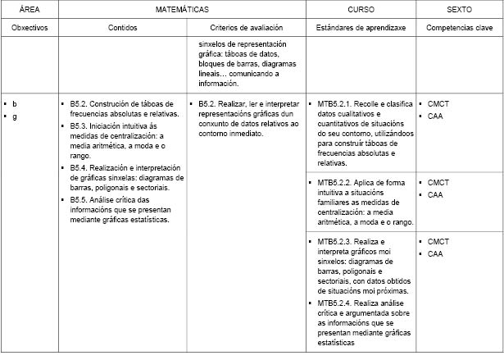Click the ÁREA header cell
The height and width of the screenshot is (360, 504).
(x=30, y=10)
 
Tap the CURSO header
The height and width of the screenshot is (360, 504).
(x=361, y=10)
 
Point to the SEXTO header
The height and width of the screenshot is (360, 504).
(x=458, y=10)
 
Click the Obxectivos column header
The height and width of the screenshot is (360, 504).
(x=30, y=28)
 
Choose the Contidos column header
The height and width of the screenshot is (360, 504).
(x=123, y=28)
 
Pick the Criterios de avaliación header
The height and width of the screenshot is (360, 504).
(x=246, y=28)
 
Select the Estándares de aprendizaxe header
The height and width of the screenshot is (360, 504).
(x=361, y=28)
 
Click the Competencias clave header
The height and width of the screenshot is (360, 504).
(x=458, y=28)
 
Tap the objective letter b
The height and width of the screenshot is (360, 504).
(x=15, y=104)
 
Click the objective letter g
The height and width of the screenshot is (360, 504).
(x=15, y=116)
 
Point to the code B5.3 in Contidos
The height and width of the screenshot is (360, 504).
(x=79, y=126)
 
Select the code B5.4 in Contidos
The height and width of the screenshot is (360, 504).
(x=79, y=167)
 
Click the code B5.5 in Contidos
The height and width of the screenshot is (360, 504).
(x=79, y=199)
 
